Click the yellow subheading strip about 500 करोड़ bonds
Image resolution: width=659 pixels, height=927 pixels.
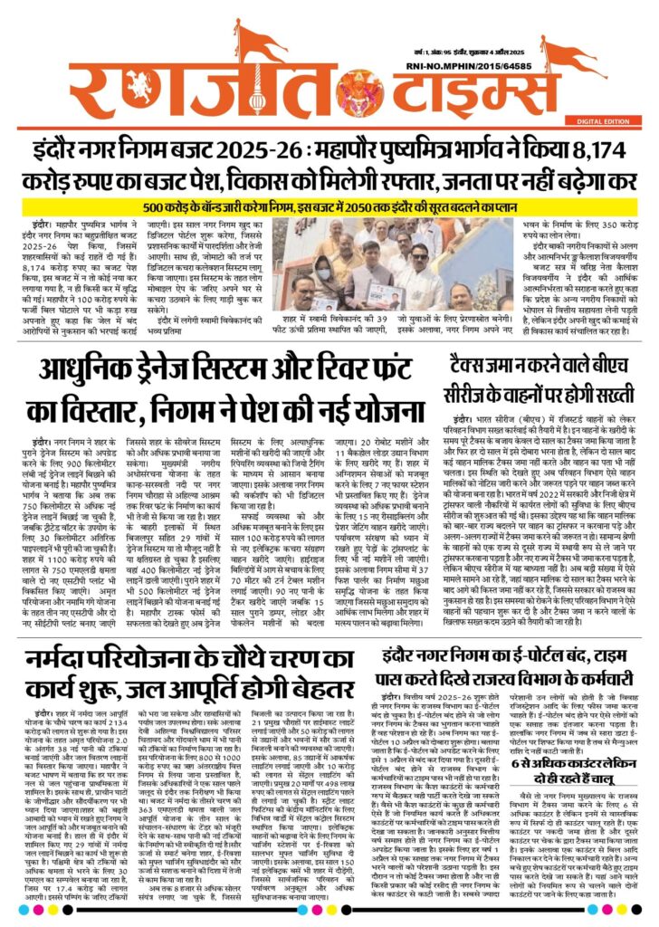[x=329, y=206]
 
